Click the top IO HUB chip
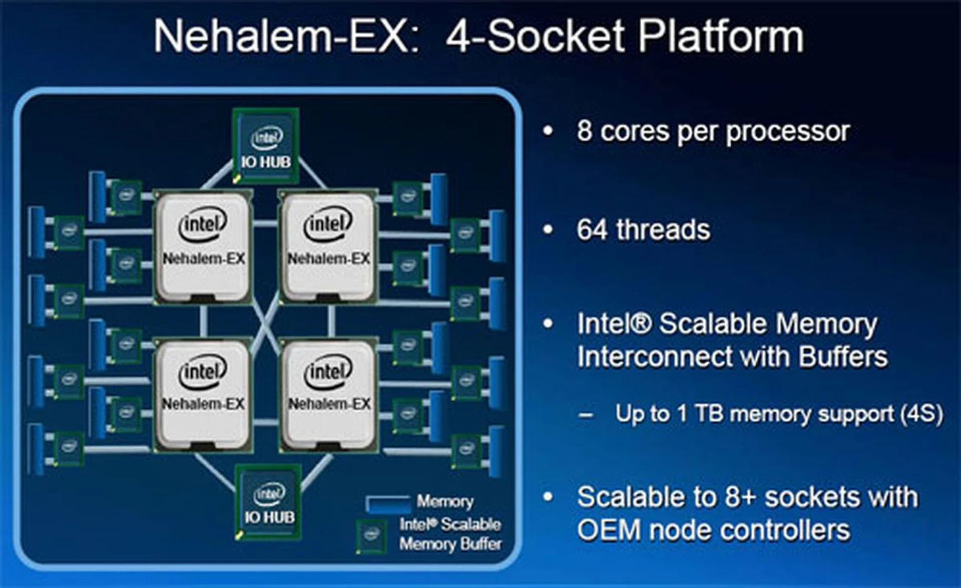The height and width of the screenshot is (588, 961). pyautogui.click(x=266, y=146)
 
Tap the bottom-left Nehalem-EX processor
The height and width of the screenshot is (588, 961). pyautogui.click(x=203, y=395)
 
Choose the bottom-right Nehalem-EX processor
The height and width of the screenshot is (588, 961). pyautogui.click(x=328, y=395)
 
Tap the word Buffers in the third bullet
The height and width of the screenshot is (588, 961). pyautogui.click(x=843, y=357)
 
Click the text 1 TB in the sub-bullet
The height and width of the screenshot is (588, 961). pyautogui.click(x=700, y=414)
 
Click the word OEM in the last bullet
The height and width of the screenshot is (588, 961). pyautogui.click(x=609, y=530)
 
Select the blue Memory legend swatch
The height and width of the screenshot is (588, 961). pyautogui.click(x=388, y=503)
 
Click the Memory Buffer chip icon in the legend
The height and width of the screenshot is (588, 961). pyautogui.click(x=371, y=536)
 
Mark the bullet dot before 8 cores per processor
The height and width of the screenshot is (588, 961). pyautogui.click(x=548, y=131)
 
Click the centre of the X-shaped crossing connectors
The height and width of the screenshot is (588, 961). pyautogui.click(x=266, y=321)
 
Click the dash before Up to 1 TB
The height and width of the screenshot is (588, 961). pyautogui.click(x=586, y=415)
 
